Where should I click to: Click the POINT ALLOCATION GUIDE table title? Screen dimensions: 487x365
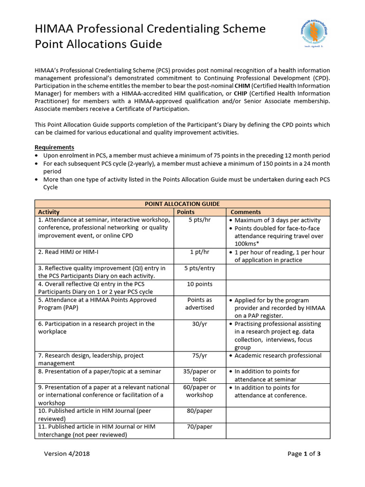[182, 204]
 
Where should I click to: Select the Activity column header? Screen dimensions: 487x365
[49, 212]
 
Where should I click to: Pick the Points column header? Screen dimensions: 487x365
[186, 212]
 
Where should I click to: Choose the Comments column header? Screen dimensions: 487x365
[246, 212]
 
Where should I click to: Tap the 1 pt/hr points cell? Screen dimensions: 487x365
[200, 252]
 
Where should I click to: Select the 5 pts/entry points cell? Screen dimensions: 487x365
[200, 268]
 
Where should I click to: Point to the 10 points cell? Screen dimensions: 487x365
[200, 284]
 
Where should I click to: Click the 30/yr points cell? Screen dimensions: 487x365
[200, 324]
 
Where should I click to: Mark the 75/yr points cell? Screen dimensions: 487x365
[200, 356]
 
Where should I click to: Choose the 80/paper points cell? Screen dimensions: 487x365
[200, 411]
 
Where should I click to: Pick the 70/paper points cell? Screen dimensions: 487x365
[200, 427]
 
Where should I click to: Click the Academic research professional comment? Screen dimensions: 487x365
[278, 356]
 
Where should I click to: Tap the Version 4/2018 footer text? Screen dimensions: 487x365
[67, 453]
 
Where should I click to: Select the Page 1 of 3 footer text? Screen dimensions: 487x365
[304, 453]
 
